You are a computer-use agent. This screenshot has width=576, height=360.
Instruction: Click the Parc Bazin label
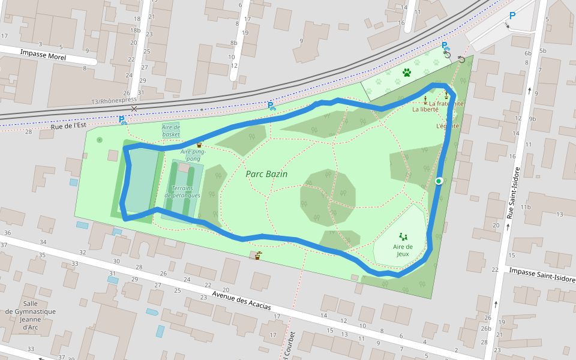266,174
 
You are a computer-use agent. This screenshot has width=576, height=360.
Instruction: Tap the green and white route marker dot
439,181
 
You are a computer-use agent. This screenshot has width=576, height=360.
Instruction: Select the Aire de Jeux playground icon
403,237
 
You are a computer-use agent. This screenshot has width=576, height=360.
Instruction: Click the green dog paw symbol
407,73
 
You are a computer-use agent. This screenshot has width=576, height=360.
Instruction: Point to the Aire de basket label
171,130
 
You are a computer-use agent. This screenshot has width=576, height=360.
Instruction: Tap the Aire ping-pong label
193,155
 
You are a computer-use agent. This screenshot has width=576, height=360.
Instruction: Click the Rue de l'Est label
66,126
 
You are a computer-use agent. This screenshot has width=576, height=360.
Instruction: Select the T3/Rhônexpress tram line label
114,101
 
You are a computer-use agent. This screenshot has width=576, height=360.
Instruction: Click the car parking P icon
512,16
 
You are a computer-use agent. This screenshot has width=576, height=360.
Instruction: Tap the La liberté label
425,109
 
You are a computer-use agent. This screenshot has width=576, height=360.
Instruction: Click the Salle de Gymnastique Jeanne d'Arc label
31,316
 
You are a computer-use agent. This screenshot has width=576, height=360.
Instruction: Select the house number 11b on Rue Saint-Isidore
526,207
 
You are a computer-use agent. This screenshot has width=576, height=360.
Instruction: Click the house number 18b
136,29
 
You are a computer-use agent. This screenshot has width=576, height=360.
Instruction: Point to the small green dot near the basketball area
99,140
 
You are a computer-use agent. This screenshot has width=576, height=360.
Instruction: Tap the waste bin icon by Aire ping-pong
199,145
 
